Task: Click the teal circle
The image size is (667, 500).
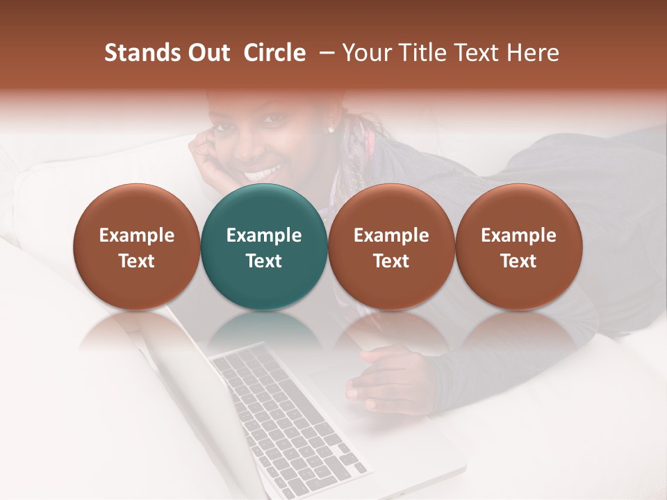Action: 263,247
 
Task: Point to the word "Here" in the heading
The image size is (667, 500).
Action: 533,53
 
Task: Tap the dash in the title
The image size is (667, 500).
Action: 324,53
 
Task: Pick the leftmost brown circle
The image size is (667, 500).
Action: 136,247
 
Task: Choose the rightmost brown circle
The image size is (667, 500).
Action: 518,247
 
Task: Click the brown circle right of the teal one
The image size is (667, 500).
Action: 391,247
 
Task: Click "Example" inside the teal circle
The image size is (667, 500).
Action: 264,235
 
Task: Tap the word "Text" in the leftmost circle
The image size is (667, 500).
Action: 136,261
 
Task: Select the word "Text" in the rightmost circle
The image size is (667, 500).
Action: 518,261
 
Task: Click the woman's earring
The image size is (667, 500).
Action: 331,129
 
